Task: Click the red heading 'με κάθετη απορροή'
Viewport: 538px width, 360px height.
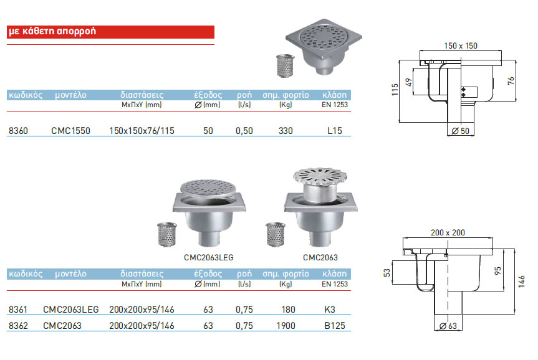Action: pos(52,32)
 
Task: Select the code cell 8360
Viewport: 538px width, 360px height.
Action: pos(18,131)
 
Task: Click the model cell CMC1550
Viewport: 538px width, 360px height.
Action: pos(70,131)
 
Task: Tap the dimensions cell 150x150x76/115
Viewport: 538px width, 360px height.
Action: pos(142,131)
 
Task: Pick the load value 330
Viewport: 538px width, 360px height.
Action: pos(286,131)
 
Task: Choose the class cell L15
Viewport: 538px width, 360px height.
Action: pos(334,131)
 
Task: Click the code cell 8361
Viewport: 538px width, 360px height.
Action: pos(18,308)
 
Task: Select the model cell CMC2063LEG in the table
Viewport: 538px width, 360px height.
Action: pos(70,308)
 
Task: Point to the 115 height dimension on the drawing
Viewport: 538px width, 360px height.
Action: pos(395,91)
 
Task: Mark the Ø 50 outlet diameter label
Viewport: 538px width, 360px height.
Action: pos(461,131)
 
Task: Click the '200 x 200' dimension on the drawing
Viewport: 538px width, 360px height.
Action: pos(448,232)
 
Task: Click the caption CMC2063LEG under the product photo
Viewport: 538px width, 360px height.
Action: pos(209,257)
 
